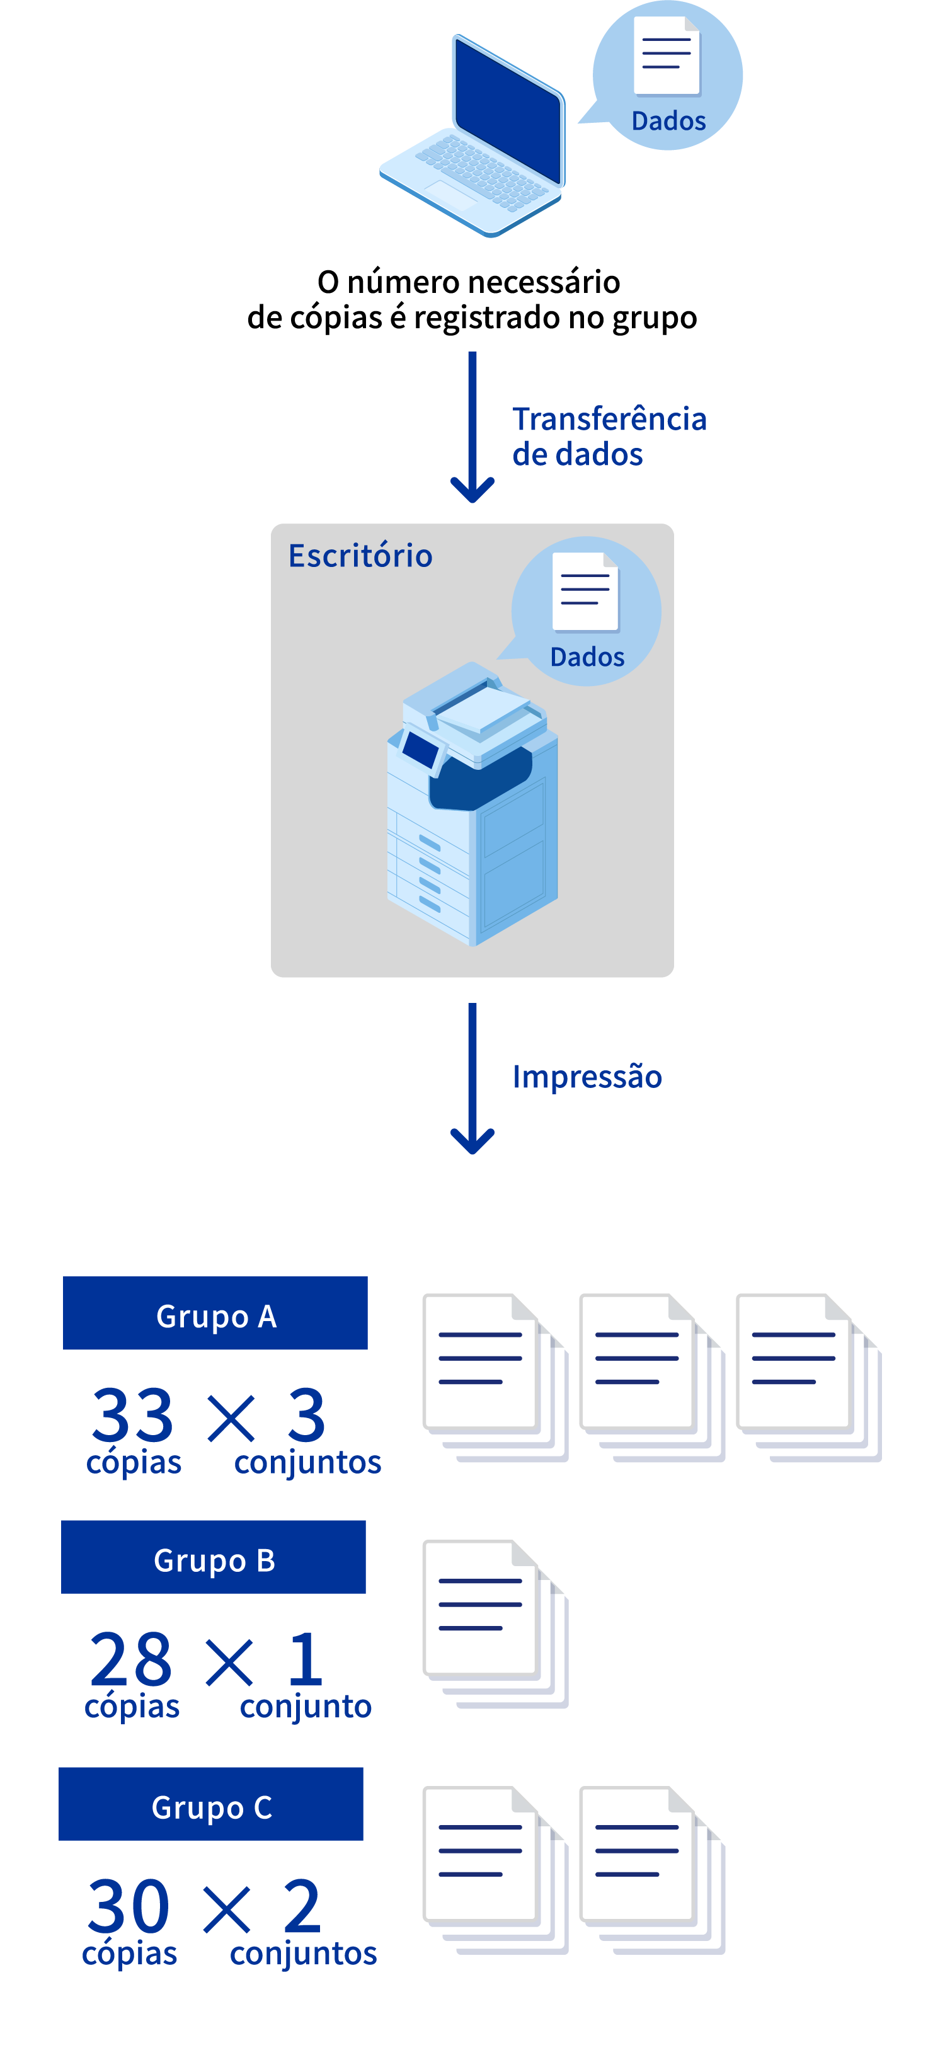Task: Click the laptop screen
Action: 507,107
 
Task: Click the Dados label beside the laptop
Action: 668,121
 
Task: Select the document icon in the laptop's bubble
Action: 667,57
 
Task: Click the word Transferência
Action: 609,419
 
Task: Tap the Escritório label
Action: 360,556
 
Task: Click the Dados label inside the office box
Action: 587,657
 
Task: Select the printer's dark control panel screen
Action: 420,749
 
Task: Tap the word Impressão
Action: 587,1077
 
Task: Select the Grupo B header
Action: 214,1557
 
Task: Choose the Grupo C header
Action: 211,1804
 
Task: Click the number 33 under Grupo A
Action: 132,1414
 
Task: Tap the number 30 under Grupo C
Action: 129,1906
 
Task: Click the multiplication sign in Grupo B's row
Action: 230,1662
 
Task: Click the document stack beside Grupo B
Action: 495,1624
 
